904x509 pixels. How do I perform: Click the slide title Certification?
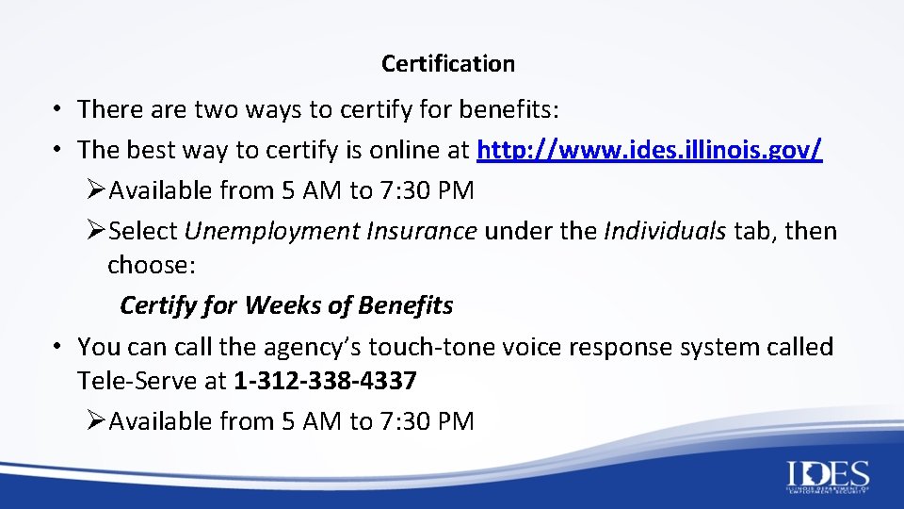pyautogui.click(x=448, y=64)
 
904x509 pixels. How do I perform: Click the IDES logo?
pyautogui.click(x=828, y=477)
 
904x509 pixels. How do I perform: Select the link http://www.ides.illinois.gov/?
pyautogui.click(x=651, y=150)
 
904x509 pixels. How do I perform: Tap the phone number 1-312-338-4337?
pyautogui.click(x=325, y=382)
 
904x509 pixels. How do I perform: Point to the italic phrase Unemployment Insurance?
pyautogui.click(x=331, y=231)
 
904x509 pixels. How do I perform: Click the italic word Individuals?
pyautogui.click(x=665, y=231)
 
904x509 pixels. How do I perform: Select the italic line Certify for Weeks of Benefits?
pyautogui.click(x=286, y=305)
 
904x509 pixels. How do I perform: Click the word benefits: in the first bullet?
pyautogui.click(x=509, y=109)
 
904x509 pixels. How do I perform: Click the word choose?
pyautogui.click(x=152, y=265)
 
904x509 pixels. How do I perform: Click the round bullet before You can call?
pyautogui.click(x=58, y=347)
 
